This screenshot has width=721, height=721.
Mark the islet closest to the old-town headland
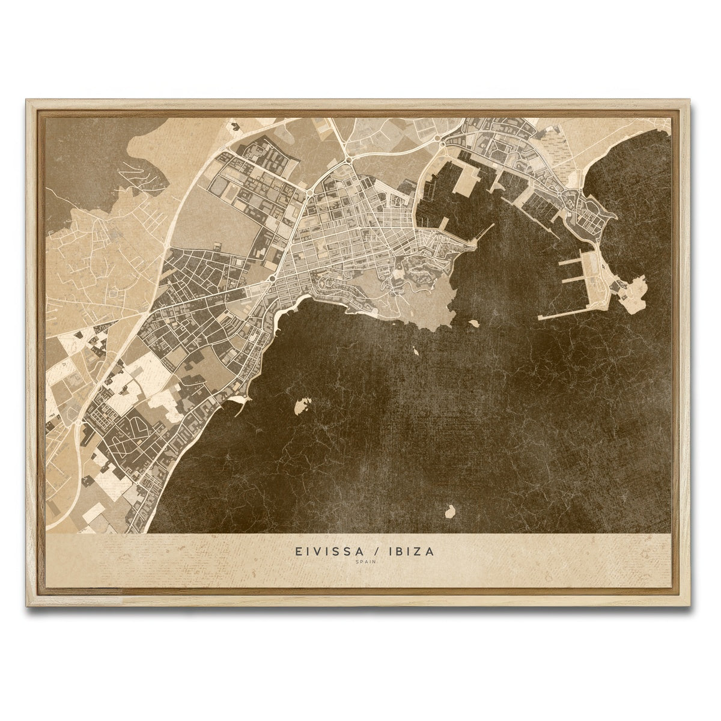click(x=473, y=323)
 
